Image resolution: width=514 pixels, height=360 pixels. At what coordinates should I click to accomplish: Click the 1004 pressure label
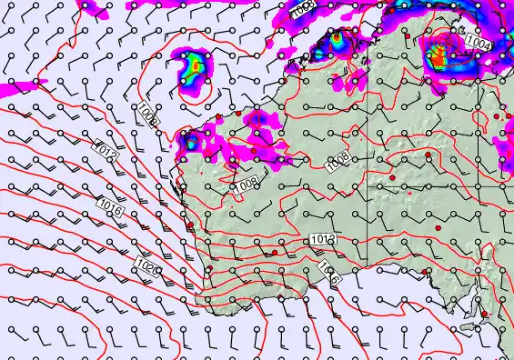click(x=479, y=42)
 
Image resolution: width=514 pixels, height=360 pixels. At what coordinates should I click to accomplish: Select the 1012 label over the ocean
click(x=107, y=149)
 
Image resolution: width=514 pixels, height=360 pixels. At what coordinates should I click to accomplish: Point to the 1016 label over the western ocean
click(x=112, y=209)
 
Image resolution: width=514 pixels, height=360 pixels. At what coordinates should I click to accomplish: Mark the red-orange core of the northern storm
click(x=438, y=59)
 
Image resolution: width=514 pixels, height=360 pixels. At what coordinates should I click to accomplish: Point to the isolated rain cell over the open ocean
click(x=195, y=69)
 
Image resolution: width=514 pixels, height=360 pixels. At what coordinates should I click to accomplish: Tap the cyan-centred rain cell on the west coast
click(x=191, y=141)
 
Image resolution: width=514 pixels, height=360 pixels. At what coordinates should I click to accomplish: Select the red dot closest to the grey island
click(x=484, y=315)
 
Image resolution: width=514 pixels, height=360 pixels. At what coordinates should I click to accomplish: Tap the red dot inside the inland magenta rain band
click(x=238, y=115)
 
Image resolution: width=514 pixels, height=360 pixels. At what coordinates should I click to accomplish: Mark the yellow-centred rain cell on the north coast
click(x=338, y=41)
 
